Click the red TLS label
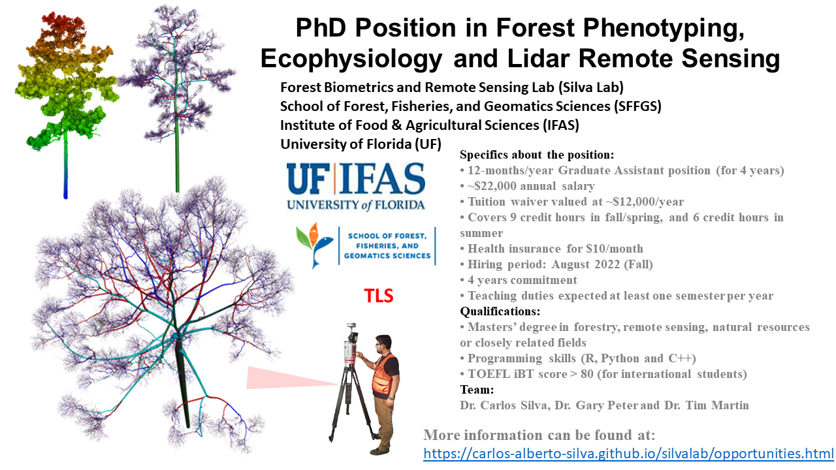(378, 296)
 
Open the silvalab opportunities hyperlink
(628, 454)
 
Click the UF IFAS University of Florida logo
(356, 187)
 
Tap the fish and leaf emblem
(314, 245)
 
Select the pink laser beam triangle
(291, 377)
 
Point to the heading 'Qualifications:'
(500, 311)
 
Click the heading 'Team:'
(477, 390)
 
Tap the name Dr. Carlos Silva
(505, 405)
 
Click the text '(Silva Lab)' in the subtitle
(591, 87)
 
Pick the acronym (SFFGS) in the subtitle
(636, 106)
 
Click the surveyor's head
(383, 343)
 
